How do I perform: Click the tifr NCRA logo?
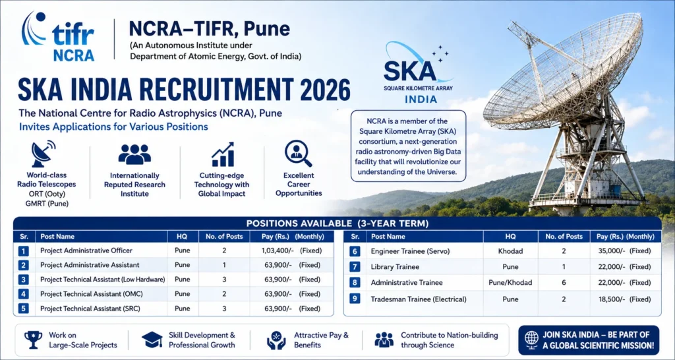(58, 37)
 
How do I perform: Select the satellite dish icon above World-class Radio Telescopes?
(44, 154)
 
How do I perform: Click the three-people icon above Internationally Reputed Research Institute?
(134, 154)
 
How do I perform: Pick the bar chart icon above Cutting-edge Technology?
(223, 154)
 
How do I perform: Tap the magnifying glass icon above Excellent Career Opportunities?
(298, 154)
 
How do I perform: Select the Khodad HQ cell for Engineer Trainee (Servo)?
(511, 251)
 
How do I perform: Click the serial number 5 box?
(24, 309)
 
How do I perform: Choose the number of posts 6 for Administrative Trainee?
(564, 283)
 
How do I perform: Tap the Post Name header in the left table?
(57, 237)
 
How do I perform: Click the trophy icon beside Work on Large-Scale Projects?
(33, 340)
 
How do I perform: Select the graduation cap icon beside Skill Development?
(152, 340)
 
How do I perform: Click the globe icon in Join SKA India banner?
(532, 340)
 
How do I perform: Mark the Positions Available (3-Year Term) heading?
(337, 224)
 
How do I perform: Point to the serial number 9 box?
(354, 299)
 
